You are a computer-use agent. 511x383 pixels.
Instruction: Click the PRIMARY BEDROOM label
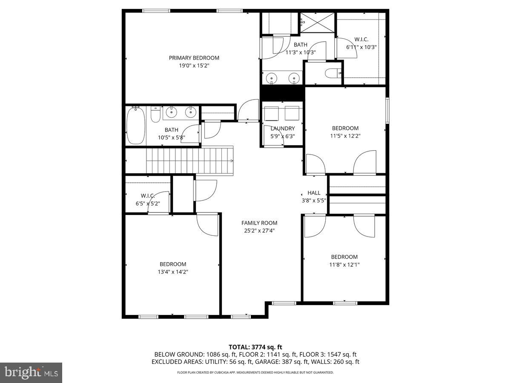[x=194, y=58]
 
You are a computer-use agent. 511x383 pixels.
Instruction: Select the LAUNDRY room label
[x=282, y=129]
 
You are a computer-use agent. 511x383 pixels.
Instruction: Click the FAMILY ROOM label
[x=259, y=223]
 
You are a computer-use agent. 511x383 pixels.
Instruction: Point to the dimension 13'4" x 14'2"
[x=173, y=272]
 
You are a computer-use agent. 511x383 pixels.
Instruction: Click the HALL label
[x=314, y=193]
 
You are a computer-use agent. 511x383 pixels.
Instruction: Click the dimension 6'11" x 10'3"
[x=361, y=47]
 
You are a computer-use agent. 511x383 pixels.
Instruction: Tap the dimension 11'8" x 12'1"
[x=344, y=264]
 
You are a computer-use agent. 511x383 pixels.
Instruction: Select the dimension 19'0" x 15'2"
[x=194, y=66]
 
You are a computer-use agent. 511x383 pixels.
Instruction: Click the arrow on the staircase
[x=231, y=161]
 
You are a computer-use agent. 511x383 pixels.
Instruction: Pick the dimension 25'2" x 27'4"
[x=259, y=231]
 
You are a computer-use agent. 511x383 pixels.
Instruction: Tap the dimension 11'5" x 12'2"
[x=345, y=136]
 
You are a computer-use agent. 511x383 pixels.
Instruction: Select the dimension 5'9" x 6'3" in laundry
[x=282, y=136]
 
